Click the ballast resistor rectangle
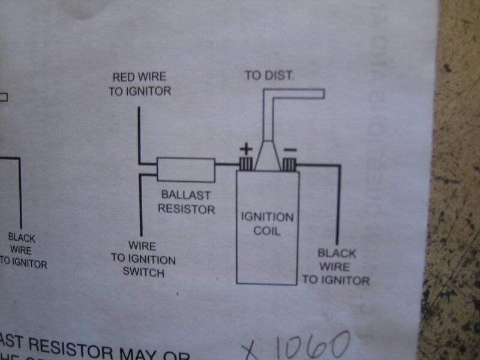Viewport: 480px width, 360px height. [x=186, y=170]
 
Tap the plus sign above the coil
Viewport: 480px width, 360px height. [x=247, y=148]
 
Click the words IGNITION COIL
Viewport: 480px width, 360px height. [x=267, y=223]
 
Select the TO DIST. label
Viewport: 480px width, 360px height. [x=269, y=76]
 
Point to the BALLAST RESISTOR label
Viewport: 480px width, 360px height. [x=188, y=202]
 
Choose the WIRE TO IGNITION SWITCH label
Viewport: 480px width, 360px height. [x=143, y=260]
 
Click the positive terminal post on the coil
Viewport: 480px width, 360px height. [x=245, y=163]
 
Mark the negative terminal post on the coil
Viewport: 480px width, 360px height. [x=290, y=164]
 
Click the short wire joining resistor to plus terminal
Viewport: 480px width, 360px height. [x=227, y=164]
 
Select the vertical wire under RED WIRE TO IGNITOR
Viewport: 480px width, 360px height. [x=139, y=135]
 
